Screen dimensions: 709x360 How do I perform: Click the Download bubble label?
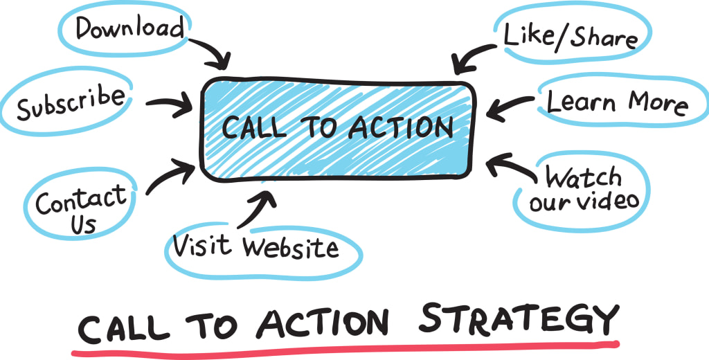point(130,28)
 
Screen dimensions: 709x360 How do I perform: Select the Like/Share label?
point(571,36)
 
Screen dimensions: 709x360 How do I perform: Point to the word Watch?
point(583,177)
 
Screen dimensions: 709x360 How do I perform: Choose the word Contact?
point(82,201)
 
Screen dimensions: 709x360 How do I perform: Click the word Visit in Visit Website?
point(202,245)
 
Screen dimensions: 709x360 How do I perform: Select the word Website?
point(290,247)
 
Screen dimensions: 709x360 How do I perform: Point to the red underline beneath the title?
point(345,349)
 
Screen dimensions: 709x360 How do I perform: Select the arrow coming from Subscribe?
point(169,105)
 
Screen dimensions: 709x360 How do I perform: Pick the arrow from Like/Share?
point(472,57)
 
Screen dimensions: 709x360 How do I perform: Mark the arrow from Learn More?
point(510,108)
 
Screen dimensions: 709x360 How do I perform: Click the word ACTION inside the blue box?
point(401,127)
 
